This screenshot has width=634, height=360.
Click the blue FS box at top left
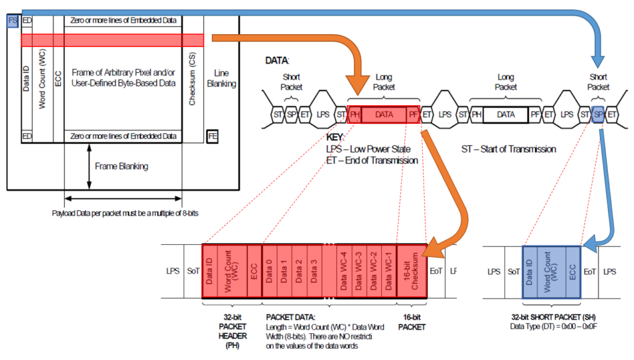[x=12, y=21]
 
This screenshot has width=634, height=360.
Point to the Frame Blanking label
[x=121, y=166]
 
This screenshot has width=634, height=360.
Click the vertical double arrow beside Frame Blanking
[x=89, y=166]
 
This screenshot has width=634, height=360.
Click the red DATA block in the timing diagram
[x=384, y=115]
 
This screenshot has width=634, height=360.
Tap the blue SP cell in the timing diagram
[x=597, y=115]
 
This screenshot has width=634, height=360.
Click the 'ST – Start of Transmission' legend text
[x=508, y=149]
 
